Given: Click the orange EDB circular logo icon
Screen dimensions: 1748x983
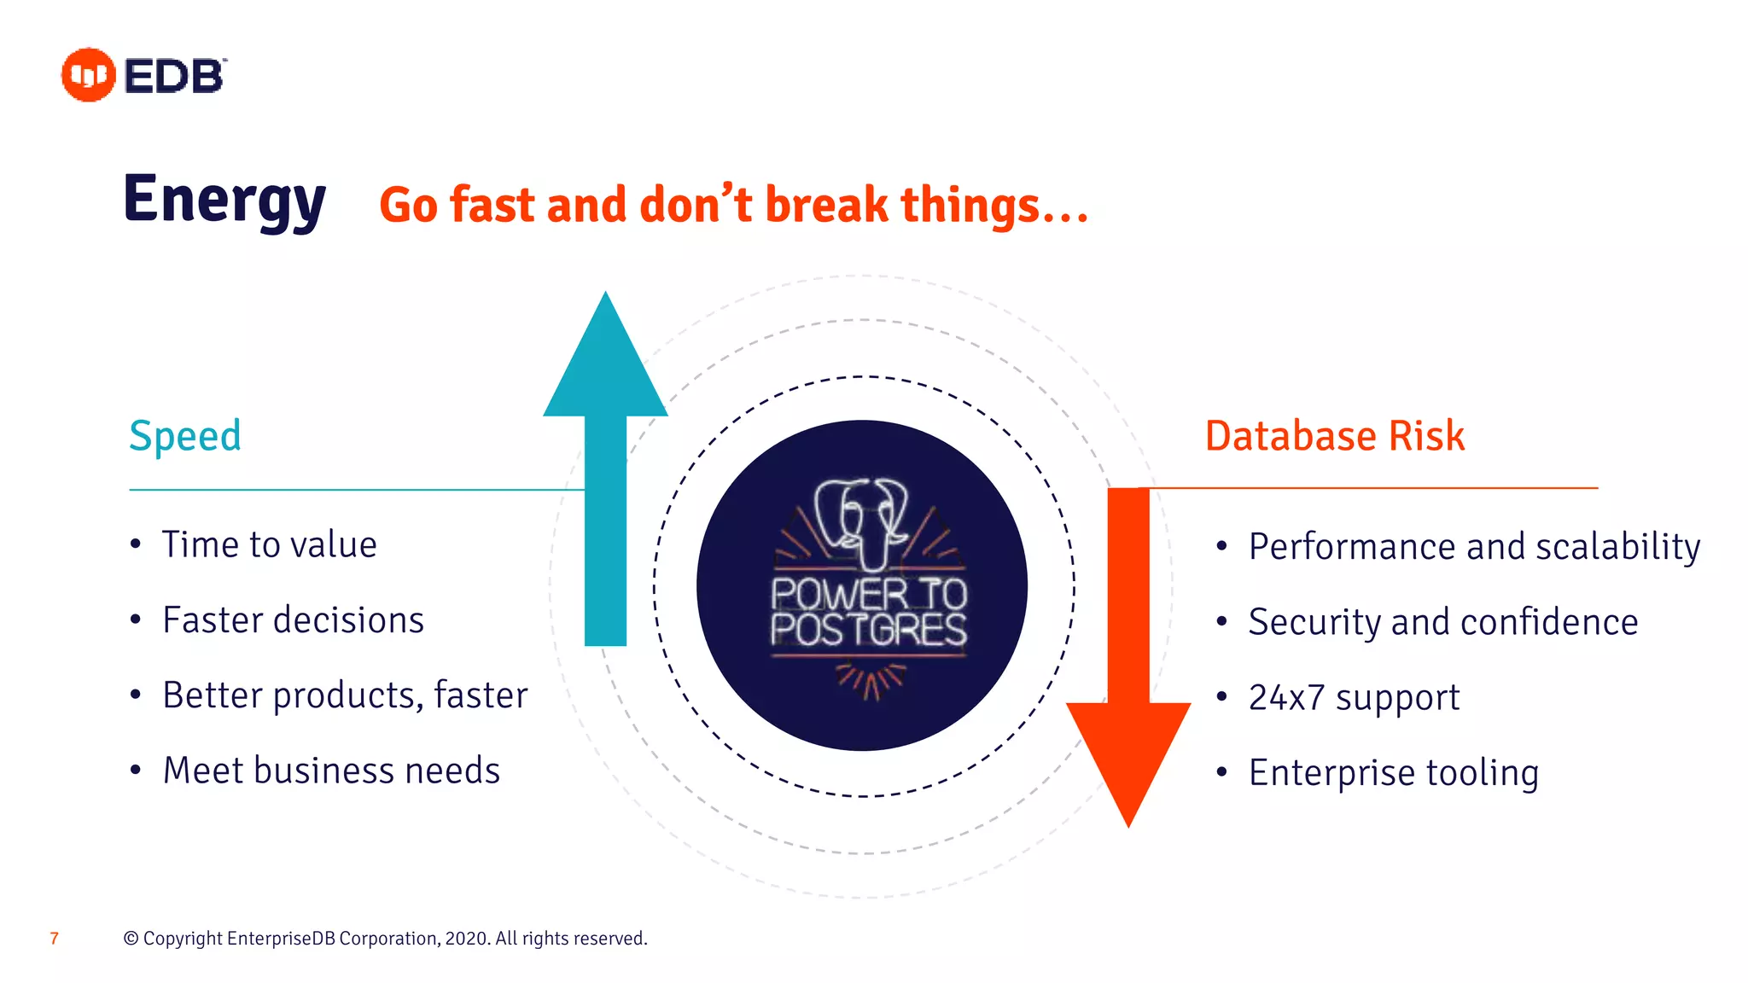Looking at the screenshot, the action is point(88,75).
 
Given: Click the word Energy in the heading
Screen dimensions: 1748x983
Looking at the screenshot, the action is point(224,201).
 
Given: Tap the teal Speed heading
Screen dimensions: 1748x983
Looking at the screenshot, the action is point(185,436).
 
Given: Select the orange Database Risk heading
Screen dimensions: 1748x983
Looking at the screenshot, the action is point(1334,436).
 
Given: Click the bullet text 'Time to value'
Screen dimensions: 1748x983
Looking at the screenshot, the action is point(269,545).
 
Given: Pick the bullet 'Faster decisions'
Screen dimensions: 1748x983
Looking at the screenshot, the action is point(293,620).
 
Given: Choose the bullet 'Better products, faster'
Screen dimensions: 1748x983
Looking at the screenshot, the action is point(345,695).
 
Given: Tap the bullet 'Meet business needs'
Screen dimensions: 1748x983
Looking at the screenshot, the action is point(331,771).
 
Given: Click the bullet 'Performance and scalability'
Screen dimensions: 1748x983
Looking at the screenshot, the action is point(1474,547).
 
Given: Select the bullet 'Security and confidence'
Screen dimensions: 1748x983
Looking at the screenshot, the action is point(1442,622).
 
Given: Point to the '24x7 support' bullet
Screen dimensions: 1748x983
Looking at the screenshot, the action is point(1354,697).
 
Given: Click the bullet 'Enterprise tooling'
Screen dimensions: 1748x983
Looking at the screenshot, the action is point(1393,773).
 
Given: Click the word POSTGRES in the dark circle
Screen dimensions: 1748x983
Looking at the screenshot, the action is point(868,631).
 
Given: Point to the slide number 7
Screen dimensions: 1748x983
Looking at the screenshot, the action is point(55,939).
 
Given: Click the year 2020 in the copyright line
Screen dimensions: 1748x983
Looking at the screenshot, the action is point(466,939).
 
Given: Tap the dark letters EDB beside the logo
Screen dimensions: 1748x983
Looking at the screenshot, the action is point(174,76).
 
